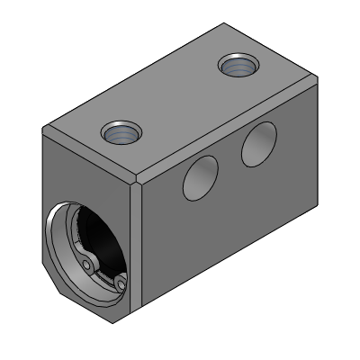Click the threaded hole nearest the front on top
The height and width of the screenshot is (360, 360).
pyautogui.click(x=119, y=134)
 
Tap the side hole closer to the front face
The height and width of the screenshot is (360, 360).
pyautogui.click(x=201, y=178)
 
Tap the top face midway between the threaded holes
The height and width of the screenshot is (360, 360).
pyautogui.click(x=178, y=100)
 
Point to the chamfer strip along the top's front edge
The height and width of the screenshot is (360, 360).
pyautogui.click(x=90, y=155)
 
